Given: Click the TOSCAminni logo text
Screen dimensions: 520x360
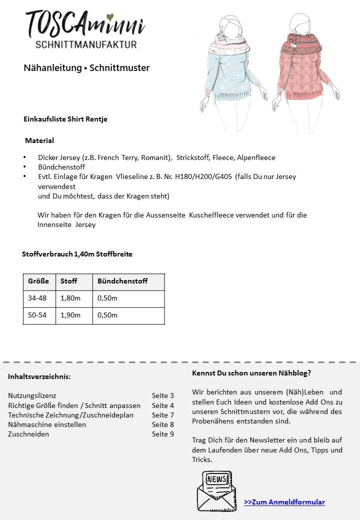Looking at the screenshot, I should pos(85,23).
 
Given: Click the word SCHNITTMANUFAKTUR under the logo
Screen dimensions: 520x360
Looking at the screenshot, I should pos(86,45).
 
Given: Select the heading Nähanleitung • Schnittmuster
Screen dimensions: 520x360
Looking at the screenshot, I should pos(86,68).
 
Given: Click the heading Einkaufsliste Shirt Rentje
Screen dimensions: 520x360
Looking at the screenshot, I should pos(65,119).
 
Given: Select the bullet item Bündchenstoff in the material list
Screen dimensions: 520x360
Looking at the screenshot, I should pos(61,167).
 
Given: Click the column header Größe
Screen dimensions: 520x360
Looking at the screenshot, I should pos(38,281).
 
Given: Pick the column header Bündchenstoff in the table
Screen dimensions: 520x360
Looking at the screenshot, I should pos(122,281).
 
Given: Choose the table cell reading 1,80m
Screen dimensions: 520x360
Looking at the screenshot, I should pos(70,298).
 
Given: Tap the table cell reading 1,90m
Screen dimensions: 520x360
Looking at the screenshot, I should pos(70,315).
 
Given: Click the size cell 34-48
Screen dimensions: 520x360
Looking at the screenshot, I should pos(37,298).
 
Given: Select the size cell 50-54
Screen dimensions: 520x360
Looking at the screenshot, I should pos(37,315).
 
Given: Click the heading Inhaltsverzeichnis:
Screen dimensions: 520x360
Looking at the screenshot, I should pos(39,376).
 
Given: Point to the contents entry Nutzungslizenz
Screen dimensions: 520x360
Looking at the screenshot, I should pos(32,395).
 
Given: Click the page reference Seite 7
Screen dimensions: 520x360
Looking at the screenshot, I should pos(163,415).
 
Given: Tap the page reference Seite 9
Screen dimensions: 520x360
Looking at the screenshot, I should pos(163,434).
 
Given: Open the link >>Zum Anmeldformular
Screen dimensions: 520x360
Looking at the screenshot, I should pos(284,502).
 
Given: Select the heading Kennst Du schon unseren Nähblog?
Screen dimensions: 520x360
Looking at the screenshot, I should pos(251,373).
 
